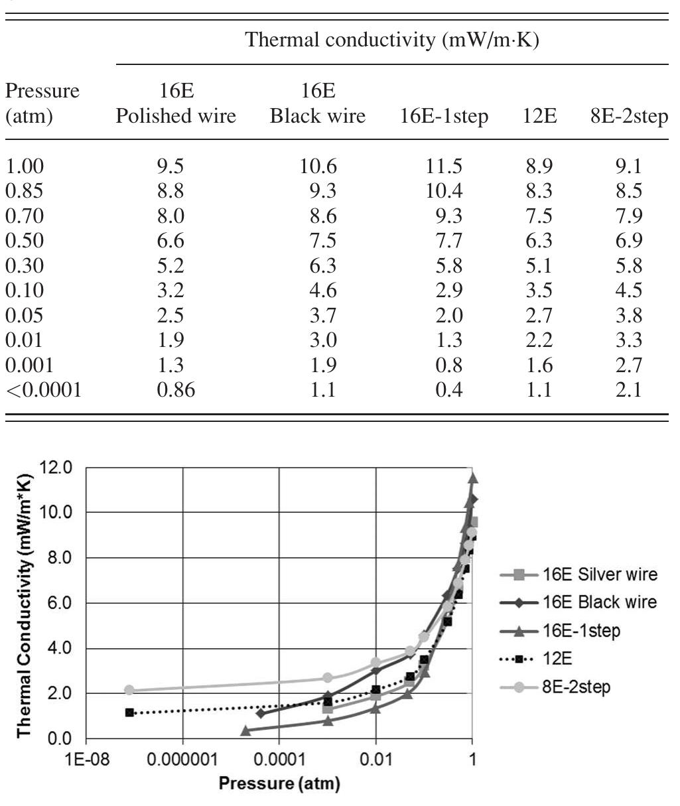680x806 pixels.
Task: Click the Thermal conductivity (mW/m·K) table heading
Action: pos(392,40)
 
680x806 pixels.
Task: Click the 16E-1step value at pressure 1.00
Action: pos(445,167)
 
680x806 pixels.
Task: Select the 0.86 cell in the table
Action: pos(176,390)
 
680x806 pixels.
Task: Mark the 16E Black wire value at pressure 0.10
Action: pos(318,291)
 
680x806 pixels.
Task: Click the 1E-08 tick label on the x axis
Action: pos(86,759)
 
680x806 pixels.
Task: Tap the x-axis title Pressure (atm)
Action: pos(279,784)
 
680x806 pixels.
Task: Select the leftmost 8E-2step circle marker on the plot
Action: pos(129,691)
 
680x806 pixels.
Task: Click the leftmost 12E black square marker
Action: pos(129,713)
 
